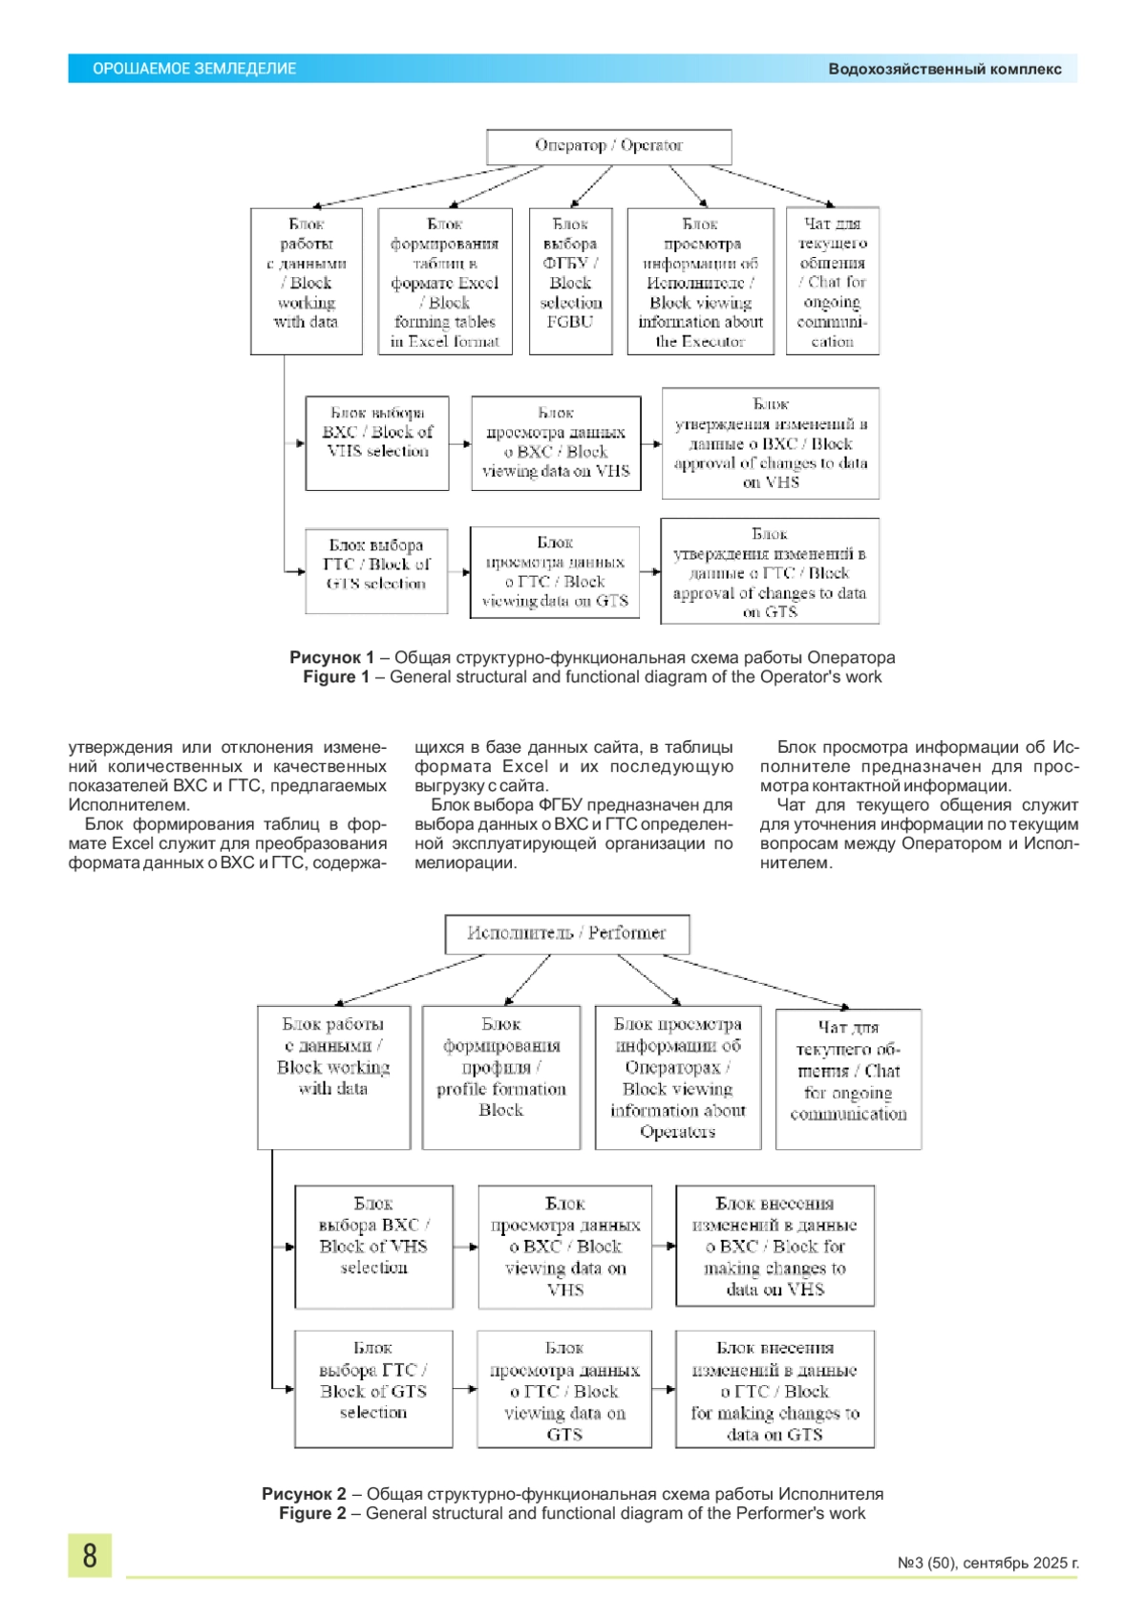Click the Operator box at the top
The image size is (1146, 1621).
[609, 146]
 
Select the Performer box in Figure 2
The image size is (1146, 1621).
[567, 933]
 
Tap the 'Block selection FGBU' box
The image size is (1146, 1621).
[570, 282]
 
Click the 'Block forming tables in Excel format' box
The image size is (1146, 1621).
[445, 282]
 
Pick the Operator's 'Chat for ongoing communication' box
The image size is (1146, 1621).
[832, 282]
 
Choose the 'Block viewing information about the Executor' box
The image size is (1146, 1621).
[700, 282]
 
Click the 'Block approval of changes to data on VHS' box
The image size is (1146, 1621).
[771, 443]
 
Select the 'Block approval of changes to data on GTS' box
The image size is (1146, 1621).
[770, 572]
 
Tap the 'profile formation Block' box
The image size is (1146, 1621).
[501, 1077]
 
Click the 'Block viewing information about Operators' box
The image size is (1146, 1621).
[678, 1077]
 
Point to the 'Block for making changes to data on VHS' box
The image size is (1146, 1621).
[775, 1246]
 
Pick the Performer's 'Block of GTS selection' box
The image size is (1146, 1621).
[373, 1389]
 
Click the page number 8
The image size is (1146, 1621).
[90, 1555]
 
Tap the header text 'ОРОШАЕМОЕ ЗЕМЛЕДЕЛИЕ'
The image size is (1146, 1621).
[195, 69]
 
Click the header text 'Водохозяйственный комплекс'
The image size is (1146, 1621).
[944, 69]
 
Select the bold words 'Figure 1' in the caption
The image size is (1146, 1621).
[336, 677]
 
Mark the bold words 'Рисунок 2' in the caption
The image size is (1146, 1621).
[304, 1494]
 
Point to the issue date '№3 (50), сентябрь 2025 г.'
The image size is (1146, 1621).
[987, 1564]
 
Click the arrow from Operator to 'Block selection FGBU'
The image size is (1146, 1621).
[592, 184]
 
